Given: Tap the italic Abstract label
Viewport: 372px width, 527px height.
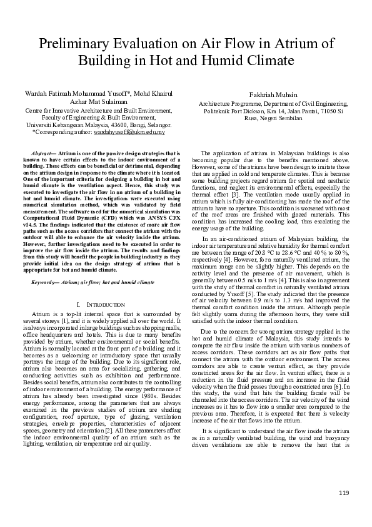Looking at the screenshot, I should (x=43, y=153).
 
